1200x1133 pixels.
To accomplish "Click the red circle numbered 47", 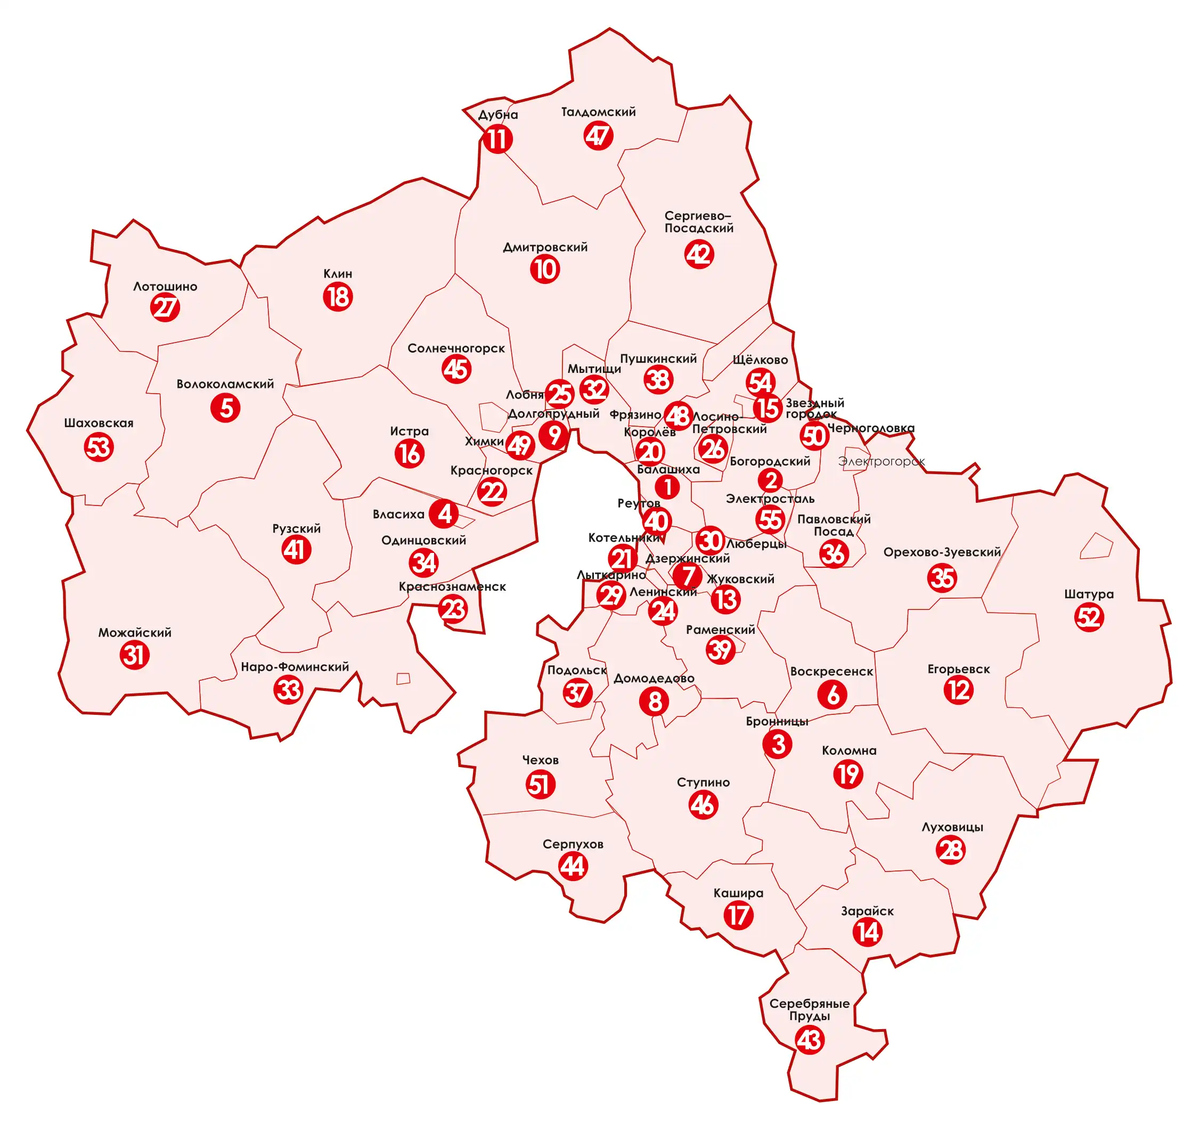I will coord(598,136).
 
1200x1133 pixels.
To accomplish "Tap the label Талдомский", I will coord(598,112).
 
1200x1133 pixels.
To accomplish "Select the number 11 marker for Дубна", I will coord(497,140).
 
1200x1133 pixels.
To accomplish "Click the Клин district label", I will coord(338,274).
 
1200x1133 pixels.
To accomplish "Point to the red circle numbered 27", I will coord(165,307).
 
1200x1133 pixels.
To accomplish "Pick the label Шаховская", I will coord(99,423).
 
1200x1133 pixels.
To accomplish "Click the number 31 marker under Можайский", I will coord(134,655).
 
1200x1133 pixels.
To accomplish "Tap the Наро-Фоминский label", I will coord(295,667).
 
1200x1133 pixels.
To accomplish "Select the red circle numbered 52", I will coord(1089,617).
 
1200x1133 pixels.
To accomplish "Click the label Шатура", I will coord(1088,594).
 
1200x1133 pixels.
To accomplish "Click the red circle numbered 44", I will coord(573,867).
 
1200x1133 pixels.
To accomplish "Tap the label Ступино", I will coord(703,782).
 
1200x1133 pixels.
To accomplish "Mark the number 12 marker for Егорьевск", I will coord(958,690).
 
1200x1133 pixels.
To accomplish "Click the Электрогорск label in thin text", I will coord(881,461).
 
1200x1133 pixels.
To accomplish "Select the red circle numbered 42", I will coord(699,254).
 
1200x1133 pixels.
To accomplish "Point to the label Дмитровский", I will coord(545,247).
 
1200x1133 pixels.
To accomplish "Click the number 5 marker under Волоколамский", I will coord(225,407).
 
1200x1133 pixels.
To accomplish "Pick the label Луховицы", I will coord(952,827).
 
